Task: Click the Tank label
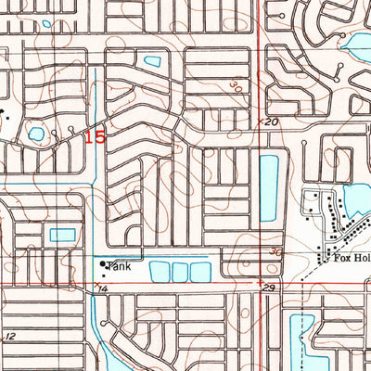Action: click(x=119, y=267)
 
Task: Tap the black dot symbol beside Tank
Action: click(x=103, y=264)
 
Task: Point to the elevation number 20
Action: click(x=271, y=122)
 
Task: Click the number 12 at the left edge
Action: click(x=10, y=336)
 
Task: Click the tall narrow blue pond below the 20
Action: click(x=268, y=187)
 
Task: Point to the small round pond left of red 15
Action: click(x=35, y=135)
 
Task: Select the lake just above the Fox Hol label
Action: click(x=355, y=198)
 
